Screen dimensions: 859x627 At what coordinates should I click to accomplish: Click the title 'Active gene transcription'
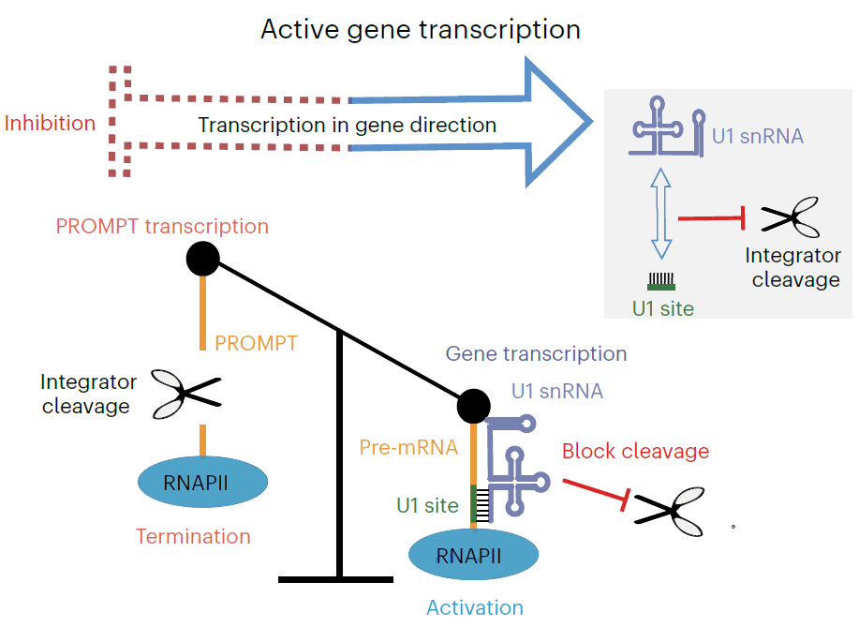(x=421, y=30)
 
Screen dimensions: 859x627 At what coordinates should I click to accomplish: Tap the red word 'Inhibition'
(x=50, y=124)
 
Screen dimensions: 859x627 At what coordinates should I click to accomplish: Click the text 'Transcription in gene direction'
(x=348, y=126)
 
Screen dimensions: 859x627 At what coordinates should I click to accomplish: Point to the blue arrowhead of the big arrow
(x=559, y=122)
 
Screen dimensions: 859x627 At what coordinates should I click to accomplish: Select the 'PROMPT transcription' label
(x=162, y=227)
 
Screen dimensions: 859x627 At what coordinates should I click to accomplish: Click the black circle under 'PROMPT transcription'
(x=202, y=259)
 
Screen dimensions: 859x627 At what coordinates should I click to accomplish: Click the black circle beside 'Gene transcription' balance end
(x=473, y=406)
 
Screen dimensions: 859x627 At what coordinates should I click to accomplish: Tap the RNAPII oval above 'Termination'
(x=202, y=482)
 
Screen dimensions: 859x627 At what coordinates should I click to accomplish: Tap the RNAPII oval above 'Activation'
(x=473, y=554)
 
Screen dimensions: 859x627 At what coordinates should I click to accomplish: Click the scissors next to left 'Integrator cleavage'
(x=185, y=394)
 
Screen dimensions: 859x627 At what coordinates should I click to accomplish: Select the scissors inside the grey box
(x=791, y=217)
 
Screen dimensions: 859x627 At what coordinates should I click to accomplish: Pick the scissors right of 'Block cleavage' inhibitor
(x=670, y=512)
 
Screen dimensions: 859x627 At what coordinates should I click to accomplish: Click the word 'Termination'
(x=193, y=537)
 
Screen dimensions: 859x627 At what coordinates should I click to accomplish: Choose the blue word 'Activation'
(x=475, y=608)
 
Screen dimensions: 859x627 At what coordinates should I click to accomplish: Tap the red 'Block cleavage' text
(x=635, y=451)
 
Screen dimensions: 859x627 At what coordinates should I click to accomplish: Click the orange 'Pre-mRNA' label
(x=408, y=447)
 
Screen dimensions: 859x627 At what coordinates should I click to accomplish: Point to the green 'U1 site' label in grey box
(x=663, y=308)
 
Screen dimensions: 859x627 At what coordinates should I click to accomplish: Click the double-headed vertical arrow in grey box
(x=661, y=214)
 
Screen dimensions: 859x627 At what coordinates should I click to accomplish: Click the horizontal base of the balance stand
(x=335, y=579)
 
